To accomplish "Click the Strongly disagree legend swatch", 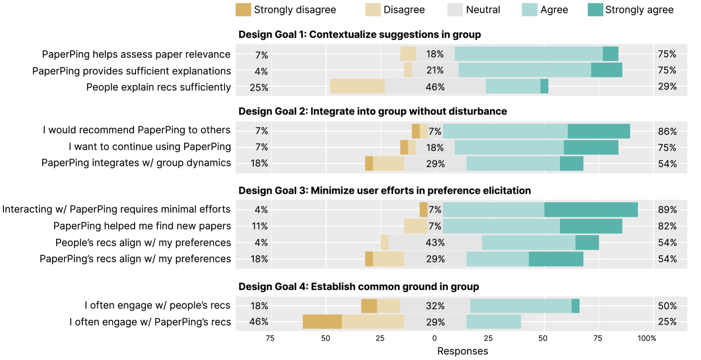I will tap(243, 9).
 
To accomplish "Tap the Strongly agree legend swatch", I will tap(595, 9).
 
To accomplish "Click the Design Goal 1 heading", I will tap(359, 34).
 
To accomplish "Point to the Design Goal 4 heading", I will tap(358, 287).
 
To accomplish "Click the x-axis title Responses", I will tap(462, 351).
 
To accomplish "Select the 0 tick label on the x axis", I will tap(434, 338).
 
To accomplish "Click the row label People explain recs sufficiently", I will tap(158, 87).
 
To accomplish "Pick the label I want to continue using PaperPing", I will tap(149, 147).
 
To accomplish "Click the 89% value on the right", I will tap(667, 210).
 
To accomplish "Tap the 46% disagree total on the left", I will tap(259, 322).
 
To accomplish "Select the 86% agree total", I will tap(667, 131).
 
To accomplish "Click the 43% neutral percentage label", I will tap(435, 243).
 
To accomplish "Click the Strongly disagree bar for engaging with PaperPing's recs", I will tap(322, 322).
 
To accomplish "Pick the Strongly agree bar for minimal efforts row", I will tap(591, 210).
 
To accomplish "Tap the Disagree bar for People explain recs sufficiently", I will tap(357, 86).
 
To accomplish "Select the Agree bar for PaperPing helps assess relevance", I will tap(528, 54).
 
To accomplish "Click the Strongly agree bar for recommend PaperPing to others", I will tap(599, 131).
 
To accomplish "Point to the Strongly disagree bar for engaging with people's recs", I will tap(369, 306).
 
